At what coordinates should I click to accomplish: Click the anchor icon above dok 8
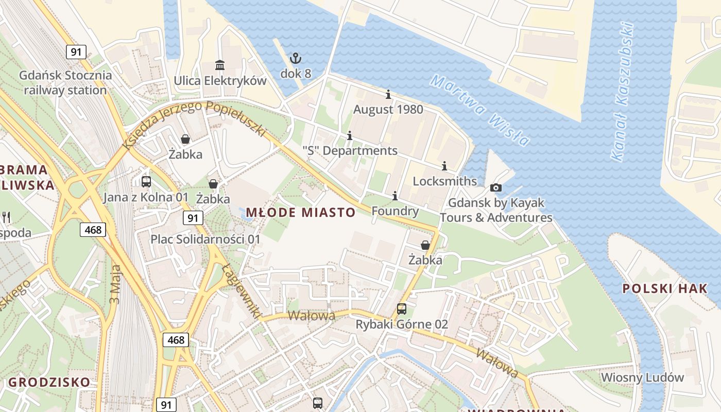coord(295,58)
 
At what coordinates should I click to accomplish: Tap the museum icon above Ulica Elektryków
coord(220,65)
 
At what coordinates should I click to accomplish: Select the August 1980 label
coord(388,109)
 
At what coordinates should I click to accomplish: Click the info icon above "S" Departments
coord(350,135)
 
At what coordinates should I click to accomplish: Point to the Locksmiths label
coord(444,181)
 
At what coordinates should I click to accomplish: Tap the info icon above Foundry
coord(395,196)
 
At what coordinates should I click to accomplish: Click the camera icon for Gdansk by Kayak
coord(496,188)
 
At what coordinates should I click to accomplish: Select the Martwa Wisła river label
coord(479,110)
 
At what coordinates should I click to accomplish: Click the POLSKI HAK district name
coord(665,288)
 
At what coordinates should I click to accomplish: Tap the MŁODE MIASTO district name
coord(301,212)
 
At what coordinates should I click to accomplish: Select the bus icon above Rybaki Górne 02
coord(402,309)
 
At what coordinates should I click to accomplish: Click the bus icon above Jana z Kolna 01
coord(146,181)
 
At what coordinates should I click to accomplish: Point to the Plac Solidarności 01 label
coord(205,239)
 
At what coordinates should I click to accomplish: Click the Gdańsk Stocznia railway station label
coord(65,82)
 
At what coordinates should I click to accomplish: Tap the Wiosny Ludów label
coord(642,377)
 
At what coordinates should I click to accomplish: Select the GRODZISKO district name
coord(49,382)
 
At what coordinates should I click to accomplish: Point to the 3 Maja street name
coord(116,284)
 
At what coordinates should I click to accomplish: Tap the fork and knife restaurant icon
coord(6,217)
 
